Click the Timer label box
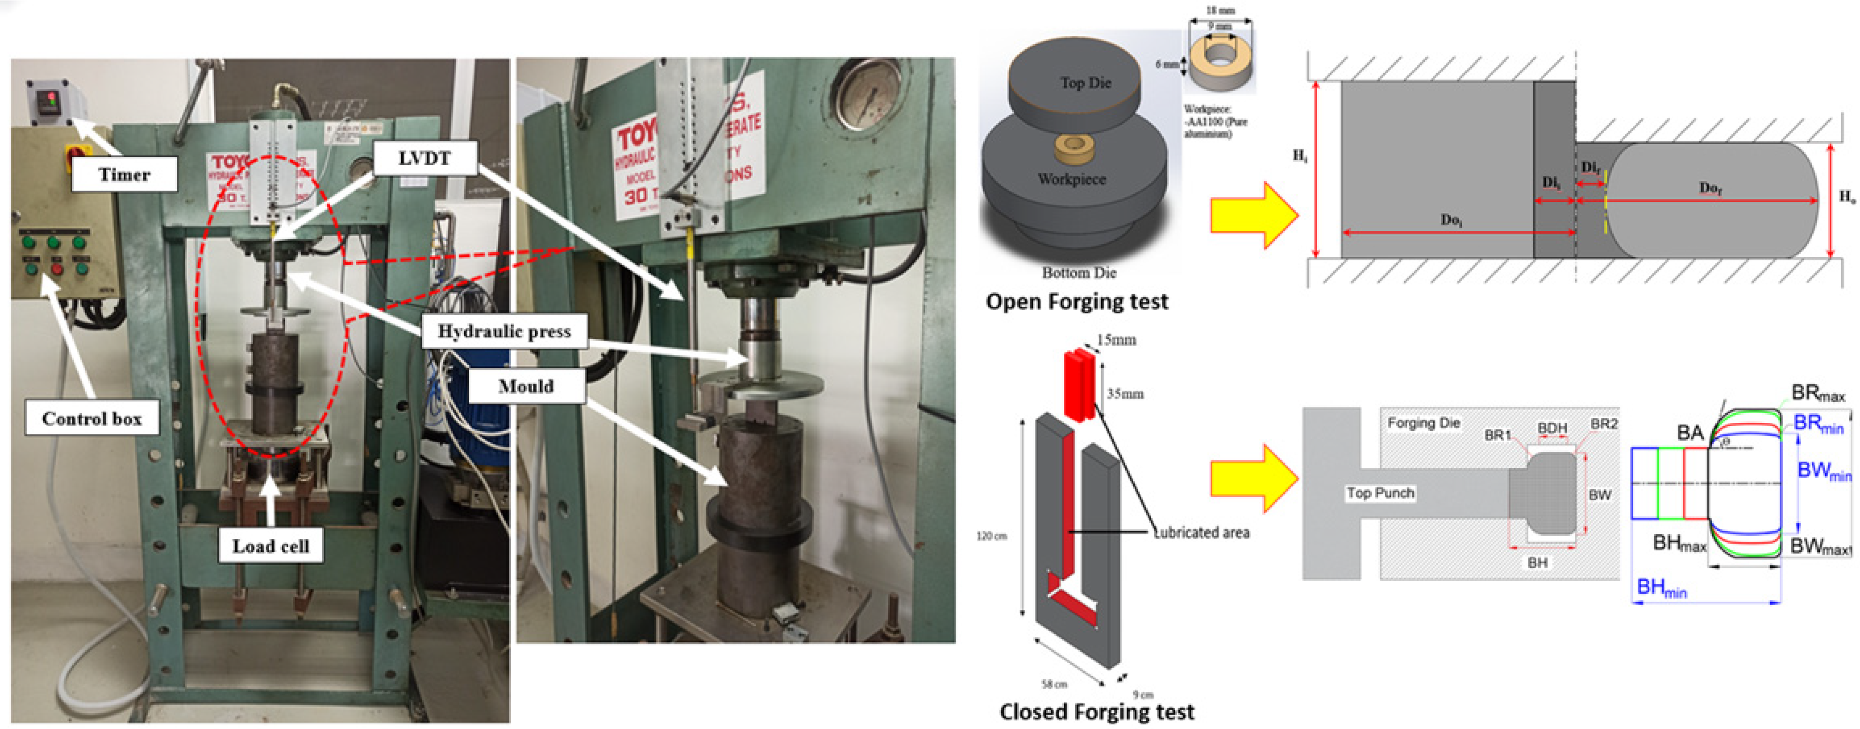pos(124,174)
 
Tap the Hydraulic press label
pos(504,331)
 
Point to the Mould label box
pos(525,386)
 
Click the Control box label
pos(92,419)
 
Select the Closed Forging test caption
pos(1096,712)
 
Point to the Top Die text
pos(1085,83)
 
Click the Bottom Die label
pos(1079,273)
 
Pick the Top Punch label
pos(1380,493)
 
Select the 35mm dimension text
pos(1125,394)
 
